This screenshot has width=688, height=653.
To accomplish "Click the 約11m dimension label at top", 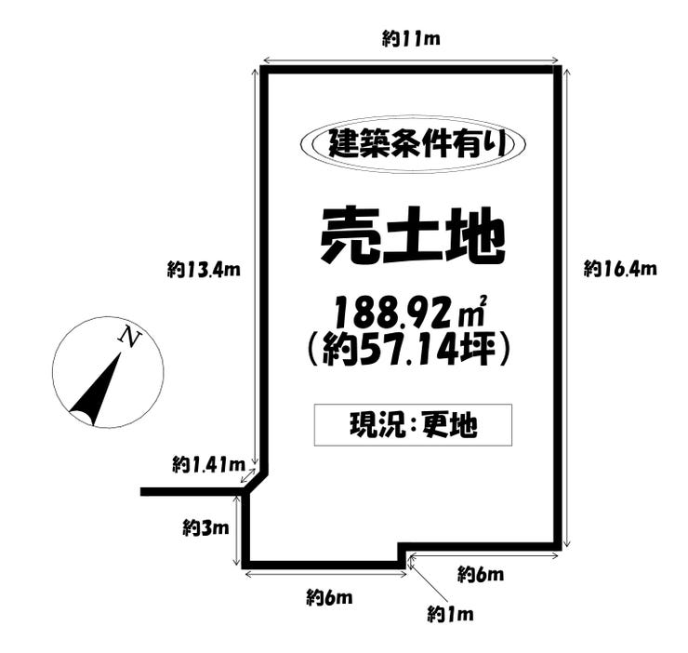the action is (411, 39).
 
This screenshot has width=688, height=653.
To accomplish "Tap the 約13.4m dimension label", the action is (204, 269).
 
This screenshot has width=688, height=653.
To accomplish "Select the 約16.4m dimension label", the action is (620, 268).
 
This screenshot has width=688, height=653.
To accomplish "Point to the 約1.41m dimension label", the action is (208, 464).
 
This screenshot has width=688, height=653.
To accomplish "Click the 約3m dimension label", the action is (205, 527).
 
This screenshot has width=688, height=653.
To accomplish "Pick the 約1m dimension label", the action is (451, 614).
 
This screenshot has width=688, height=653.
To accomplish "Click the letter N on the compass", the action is (129, 336).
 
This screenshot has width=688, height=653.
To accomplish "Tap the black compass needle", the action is (96, 389).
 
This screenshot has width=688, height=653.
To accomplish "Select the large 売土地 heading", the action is (413, 235).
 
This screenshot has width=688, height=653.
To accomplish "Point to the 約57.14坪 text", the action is (409, 349).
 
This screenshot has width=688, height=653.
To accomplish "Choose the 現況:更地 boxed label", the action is (413, 425).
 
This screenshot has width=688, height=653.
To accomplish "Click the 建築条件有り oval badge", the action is (413, 144).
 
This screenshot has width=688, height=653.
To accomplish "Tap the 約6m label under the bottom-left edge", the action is (329, 597).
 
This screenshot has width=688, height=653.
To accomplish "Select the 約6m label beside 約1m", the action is (481, 574).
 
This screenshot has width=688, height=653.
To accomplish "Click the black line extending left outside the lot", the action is (192, 491).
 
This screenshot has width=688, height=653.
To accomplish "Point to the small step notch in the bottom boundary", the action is (402, 555).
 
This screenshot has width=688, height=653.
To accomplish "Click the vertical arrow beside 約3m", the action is (237, 530).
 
